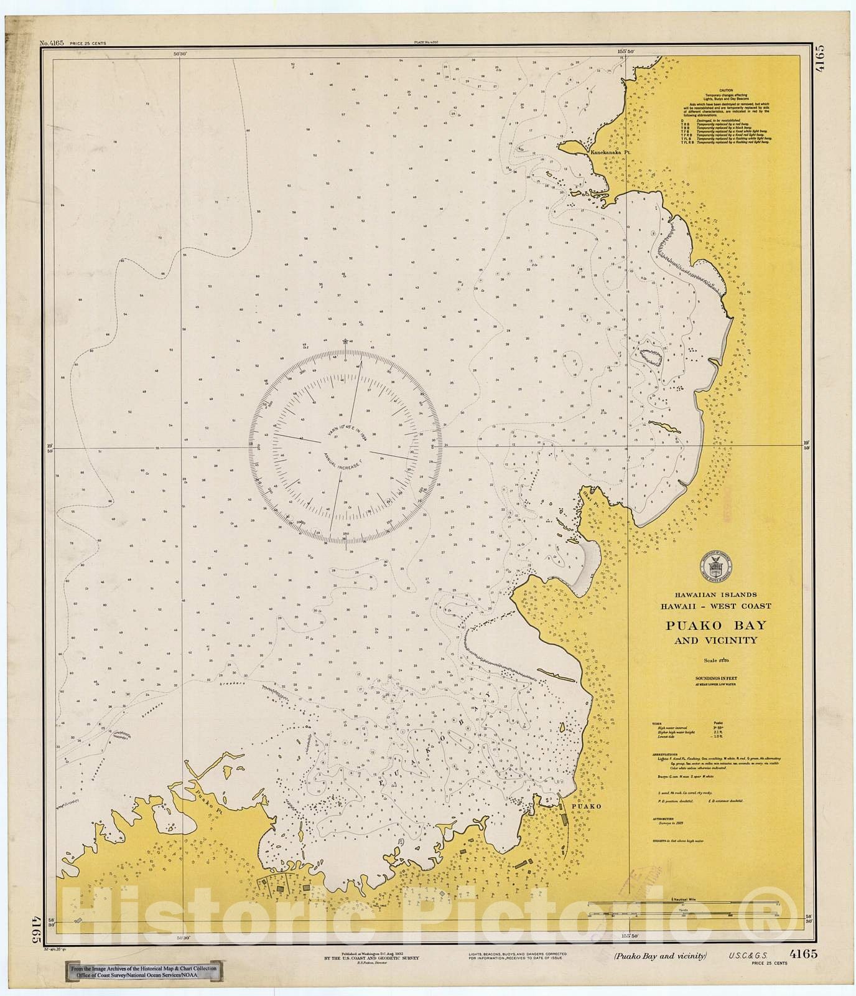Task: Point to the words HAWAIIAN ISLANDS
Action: tap(716, 594)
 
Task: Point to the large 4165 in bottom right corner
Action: tap(803, 953)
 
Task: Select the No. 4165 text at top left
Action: tap(52, 42)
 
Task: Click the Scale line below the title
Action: tap(716, 659)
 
